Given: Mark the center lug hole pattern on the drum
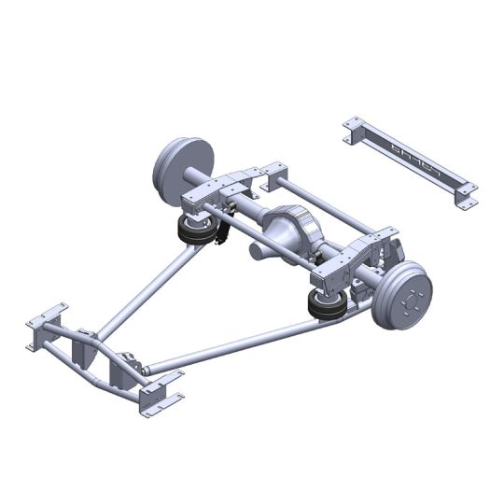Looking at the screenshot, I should (x=408, y=298).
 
